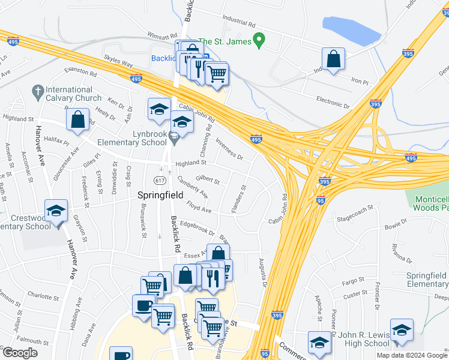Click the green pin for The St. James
click(259, 41)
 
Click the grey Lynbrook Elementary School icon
click(174, 138)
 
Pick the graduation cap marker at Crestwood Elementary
click(56, 211)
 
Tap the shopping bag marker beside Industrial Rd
click(333, 59)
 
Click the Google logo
click(20, 353)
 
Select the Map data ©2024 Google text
click(412, 355)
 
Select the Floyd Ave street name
click(199, 208)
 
